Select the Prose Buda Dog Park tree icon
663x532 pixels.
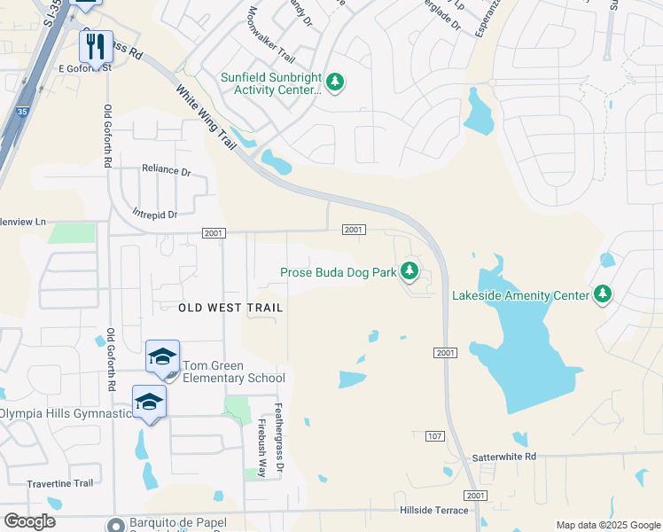[409, 271]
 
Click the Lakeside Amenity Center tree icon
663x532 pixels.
[603, 293]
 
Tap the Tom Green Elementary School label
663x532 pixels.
[234, 372]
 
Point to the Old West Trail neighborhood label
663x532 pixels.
[230, 308]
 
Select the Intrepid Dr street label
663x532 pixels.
[154, 214]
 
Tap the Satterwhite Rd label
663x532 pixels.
[505, 456]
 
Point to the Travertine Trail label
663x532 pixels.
[60, 483]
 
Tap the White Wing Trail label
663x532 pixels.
[207, 115]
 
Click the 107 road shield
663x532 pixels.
[434, 435]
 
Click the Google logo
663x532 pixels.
[29, 521]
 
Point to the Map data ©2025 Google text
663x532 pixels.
[608, 525]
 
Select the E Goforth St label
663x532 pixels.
[84, 67]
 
